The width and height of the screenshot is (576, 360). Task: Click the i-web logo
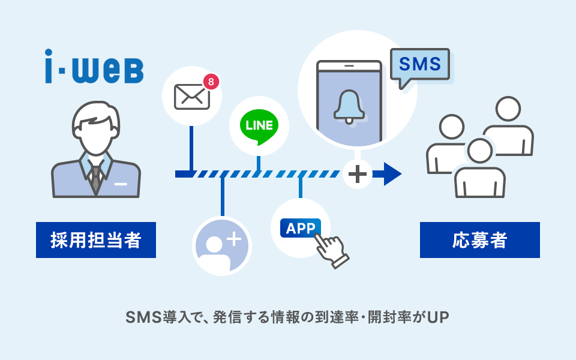[x=94, y=67]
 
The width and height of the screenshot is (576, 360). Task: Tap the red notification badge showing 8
[x=210, y=80]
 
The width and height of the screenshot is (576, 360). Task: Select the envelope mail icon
[x=191, y=96]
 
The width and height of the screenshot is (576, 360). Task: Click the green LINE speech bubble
[x=259, y=125]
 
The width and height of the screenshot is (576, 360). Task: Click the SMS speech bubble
[x=419, y=65]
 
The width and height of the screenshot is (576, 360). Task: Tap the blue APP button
[x=301, y=228]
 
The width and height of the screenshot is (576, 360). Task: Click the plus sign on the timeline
[x=358, y=174]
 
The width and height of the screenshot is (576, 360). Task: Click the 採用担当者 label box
[x=96, y=240]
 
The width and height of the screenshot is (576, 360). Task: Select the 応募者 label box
[x=479, y=240]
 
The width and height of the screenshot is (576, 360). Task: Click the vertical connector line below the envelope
[x=191, y=148]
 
